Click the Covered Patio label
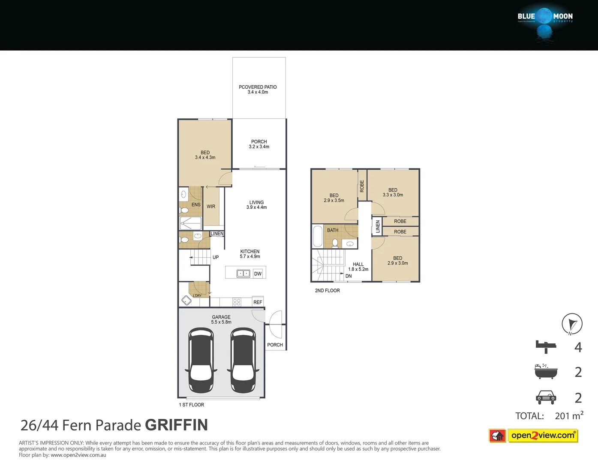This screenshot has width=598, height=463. coord(258,89)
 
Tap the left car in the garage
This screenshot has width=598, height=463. coord(201,360)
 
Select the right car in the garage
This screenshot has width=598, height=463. coord(243,360)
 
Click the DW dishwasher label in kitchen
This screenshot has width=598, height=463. coord(258,274)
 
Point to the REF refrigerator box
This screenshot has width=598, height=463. coord(258,302)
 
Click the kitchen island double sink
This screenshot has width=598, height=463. coord(243,273)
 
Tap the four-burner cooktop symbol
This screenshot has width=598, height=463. coord(237,302)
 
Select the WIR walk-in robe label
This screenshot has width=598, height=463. coord(211,206)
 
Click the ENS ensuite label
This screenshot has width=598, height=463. coord(196,204)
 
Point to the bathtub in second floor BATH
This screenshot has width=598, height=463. coord(318,236)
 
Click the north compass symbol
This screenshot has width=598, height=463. coord(572,324)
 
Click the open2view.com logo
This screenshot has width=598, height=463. coord(543,436)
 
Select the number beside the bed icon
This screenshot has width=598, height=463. coord(578,347)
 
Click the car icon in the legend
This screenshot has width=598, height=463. coord(546,397)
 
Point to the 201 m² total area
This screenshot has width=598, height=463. coord(569,415)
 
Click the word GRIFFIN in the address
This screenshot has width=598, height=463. coord(176,425)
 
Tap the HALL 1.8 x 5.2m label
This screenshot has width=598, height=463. coord(358,267)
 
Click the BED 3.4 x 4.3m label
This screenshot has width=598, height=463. coord(205,155)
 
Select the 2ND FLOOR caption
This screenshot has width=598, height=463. coord(327,290)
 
